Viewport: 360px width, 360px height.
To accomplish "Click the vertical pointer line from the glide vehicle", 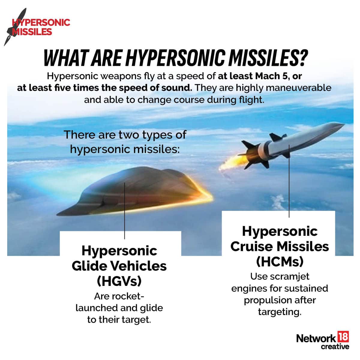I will (x=124, y=210).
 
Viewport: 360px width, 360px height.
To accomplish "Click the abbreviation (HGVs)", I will (x=119, y=281).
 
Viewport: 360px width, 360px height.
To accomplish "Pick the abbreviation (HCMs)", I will (x=280, y=262).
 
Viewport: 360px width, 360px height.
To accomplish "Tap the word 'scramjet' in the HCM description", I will (x=290, y=276).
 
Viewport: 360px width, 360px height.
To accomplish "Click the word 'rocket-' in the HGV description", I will (x=119, y=296).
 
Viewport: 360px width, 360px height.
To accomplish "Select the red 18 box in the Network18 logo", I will (x=343, y=337).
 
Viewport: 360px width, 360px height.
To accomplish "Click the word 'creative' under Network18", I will (x=335, y=347).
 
